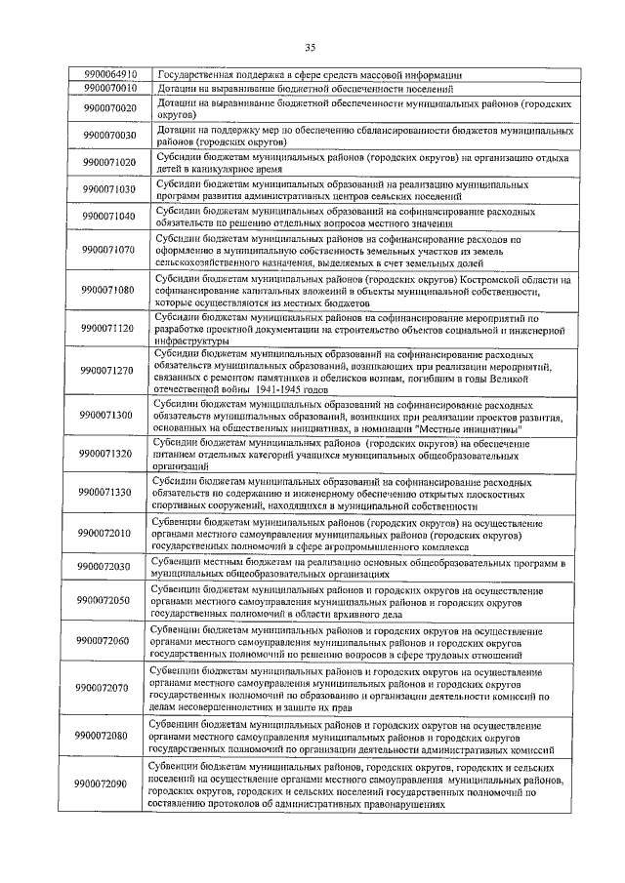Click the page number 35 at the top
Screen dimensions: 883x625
click(311, 46)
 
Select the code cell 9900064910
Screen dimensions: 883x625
click(110, 74)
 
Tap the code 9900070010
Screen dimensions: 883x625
click(110, 88)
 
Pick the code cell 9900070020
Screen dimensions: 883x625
click(110, 107)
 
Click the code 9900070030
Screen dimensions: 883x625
click(110, 135)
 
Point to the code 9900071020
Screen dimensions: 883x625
click(110, 162)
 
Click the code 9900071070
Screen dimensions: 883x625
click(110, 250)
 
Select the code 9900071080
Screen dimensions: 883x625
click(110, 290)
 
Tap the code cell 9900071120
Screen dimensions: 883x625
click(110, 330)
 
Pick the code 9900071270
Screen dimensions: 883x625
click(110, 371)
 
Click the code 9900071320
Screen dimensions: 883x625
click(110, 454)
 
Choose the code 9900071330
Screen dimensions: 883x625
click(110, 493)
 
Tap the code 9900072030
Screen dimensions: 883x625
click(110, 567)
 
